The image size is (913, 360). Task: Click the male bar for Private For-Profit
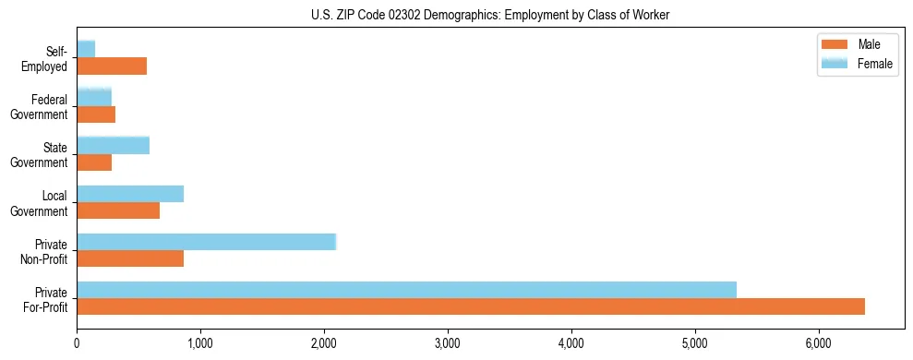pyautogui.click(x=471, y=306)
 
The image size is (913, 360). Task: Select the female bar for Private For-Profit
pyautogui.click(x=406, y=290)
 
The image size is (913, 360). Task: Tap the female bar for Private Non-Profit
pyautogui.click(x=206, y=242)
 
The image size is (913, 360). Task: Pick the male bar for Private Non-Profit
pyautogui.click(x=130, y=258)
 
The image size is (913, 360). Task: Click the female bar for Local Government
pyautogui.click(x=130, y=194)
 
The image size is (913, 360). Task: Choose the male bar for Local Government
pyautogui.click(x=118, y=210)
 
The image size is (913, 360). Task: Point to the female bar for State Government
pyautogui.click(x=113, y=146)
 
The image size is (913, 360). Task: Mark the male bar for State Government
pyautogui.click(x=94, y=162)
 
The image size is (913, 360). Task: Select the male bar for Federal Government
pyautogui.click(x=96, y=114)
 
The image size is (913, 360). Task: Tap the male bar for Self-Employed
pyautogui.click(x=112, y=66)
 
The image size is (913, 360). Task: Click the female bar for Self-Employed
pyautogui.click(x=86, y=49)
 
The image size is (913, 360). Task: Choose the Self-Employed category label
pyautogui.click(x=49, y=58)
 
